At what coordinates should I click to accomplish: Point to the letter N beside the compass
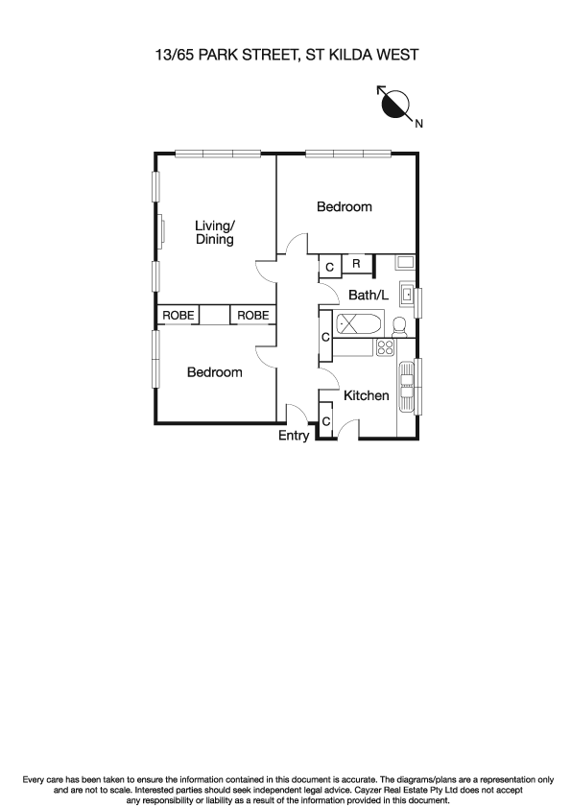tap(418, 122)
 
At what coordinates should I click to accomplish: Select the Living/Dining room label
tap(215, 233)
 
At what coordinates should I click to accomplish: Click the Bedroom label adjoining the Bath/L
tap(345, 206)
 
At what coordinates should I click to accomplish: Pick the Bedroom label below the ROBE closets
tap(214, 372)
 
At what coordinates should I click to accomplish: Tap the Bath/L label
tap(369, 296)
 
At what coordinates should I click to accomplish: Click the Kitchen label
tap(367, 395)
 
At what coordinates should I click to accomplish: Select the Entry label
tap(294, 436)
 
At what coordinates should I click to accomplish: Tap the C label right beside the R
tap(329, 267)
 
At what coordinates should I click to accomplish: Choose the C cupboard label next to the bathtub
tap(325, 338)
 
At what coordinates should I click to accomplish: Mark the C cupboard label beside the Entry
tap(325, 421)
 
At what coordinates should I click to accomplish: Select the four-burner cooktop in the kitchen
tap(386, 346)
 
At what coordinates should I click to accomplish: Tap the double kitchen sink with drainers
tap(407, 386)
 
